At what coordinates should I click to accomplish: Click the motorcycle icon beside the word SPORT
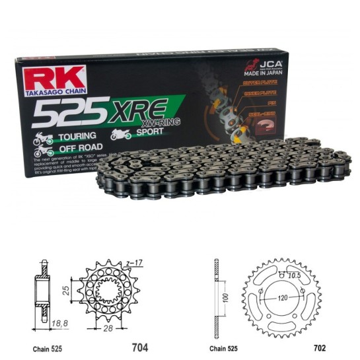point(120,134)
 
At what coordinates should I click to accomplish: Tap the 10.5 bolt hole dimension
point(295,275)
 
